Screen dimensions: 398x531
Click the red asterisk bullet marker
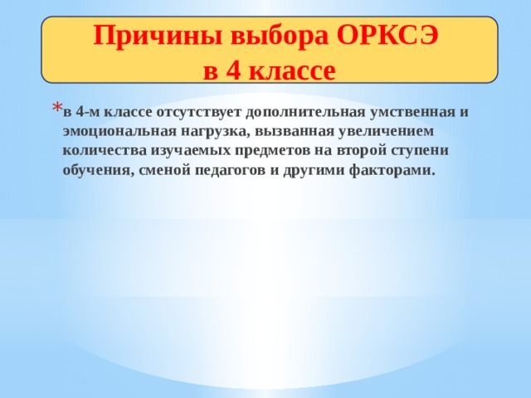point(56,109)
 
